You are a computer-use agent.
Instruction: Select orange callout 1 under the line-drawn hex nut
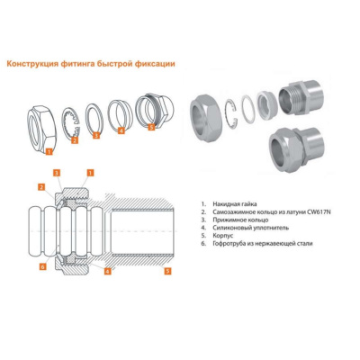[49, 151]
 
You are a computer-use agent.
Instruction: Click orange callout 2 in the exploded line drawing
[75, 140]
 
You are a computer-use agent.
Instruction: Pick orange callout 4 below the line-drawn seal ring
[121, 130]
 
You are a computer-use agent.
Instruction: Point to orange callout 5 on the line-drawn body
[151, 127]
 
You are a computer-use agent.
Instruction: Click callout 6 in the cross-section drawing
[43, 266]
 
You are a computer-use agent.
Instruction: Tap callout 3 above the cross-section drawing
[57, 173]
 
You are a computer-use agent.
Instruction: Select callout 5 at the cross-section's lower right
[167, 271]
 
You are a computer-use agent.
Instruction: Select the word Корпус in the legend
[223, 236]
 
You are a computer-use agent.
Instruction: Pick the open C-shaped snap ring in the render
[231, 113]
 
